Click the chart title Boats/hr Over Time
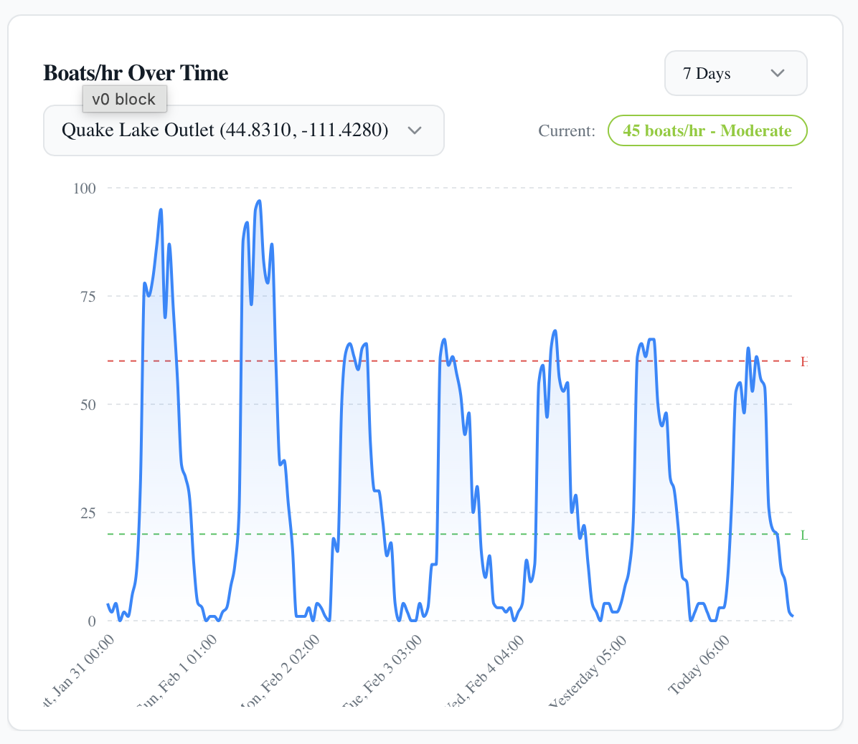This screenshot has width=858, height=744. point(136,73)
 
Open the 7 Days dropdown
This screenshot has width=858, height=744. point(735,73)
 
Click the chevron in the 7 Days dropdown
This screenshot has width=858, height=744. point(777,73)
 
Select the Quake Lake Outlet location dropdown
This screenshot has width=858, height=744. point(243,130)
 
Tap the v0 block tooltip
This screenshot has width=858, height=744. point(124,99)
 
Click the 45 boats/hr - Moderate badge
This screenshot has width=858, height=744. point(707,130)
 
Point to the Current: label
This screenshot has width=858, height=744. point(567,131)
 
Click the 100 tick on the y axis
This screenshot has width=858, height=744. point(84,189)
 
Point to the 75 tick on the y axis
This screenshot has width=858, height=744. point(88,297)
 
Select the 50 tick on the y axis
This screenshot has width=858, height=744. point(88,405)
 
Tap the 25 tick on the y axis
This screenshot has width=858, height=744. point(88,513)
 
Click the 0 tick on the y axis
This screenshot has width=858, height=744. point(92,621)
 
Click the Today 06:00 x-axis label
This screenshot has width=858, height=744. point(699,665)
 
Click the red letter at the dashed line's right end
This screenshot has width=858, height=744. point(804,362)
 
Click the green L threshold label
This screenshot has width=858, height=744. point(804,535)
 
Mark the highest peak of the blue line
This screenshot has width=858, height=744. point(259,201)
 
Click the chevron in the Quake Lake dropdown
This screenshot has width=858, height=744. point(414,130)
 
